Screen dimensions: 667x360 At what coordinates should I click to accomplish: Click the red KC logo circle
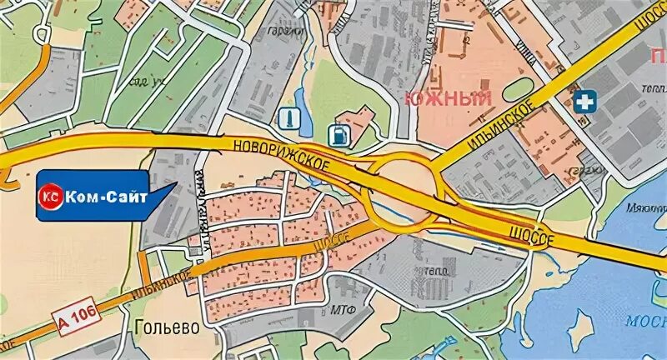50,197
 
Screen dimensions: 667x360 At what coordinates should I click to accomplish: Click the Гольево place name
167,327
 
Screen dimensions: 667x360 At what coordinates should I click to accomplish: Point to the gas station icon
339,132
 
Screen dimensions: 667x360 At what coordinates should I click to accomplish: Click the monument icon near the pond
288,117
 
